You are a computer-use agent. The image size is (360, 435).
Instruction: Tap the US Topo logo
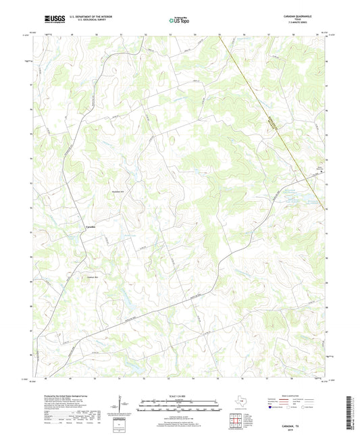(x=179, y=20)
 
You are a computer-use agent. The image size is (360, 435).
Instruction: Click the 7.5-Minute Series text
(x=309, y=24)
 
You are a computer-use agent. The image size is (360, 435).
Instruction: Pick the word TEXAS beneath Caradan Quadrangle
(x=309, y=20)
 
